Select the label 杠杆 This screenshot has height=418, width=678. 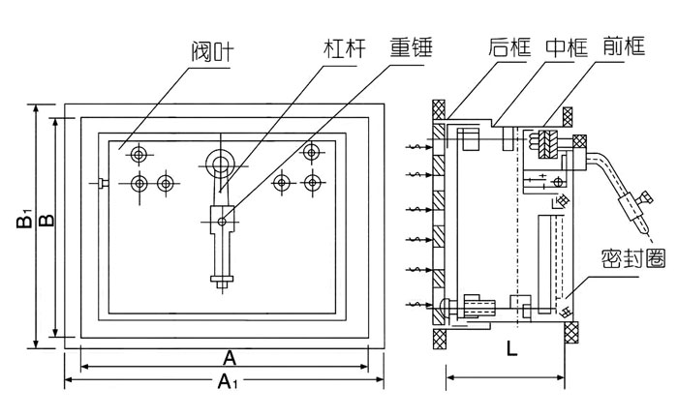click(x=344, y=46)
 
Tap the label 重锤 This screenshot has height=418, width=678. click(x=412, y=46)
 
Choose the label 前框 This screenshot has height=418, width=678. click(x=622, y=45)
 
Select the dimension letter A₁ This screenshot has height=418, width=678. click(x=226, y=382)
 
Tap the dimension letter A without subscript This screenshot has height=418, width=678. click(x=230, y=358)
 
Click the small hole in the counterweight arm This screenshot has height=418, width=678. click(x=222, y=222)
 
